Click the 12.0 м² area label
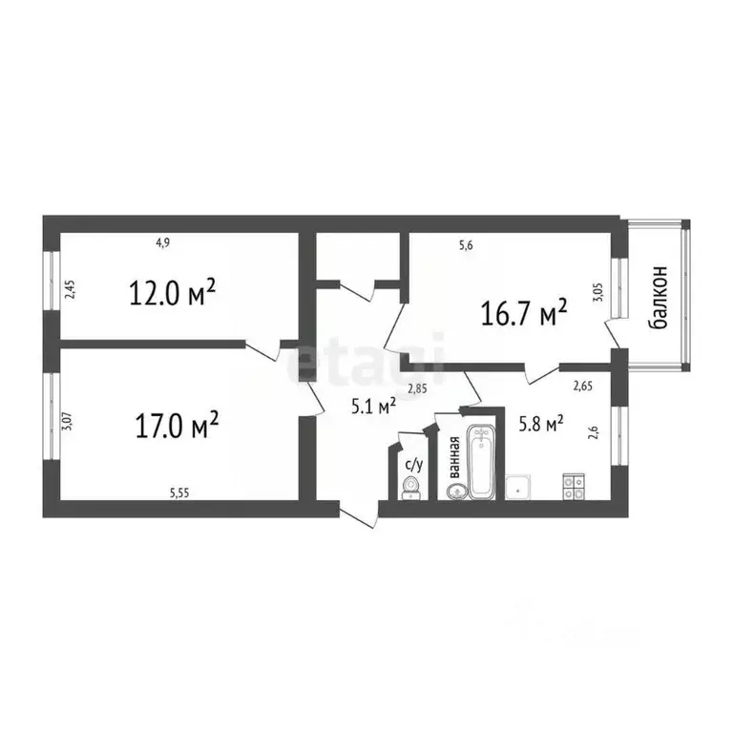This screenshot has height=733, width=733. (173, 290)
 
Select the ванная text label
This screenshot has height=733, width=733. (455, 456)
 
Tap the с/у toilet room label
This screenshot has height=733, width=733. (413, 465)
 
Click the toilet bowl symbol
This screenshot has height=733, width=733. (410, 488)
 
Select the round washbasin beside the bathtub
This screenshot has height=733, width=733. (455, 492)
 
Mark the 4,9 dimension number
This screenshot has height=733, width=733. (163, 243)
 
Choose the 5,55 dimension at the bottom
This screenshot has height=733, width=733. (178, 492)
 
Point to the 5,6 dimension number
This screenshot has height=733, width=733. (466, 245)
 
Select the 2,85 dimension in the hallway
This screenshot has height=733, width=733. (417, 388)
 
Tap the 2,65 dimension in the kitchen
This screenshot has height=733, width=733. (581, 387)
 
